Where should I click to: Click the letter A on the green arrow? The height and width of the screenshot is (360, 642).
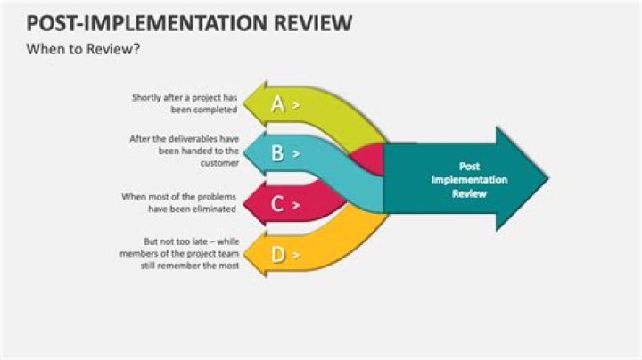tap(277, 104)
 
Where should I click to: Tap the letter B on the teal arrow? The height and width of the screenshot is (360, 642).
tap(277, 153)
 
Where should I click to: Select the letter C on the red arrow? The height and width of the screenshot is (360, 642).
tap(277, 204)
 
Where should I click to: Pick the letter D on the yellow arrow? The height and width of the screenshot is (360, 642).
tap(277, 255)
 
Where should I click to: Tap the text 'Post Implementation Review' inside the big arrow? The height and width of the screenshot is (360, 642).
tap(469, 179)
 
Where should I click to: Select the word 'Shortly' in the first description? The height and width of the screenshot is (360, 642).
tap(146, 97)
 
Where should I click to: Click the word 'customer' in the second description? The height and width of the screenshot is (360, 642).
tap(218, 164)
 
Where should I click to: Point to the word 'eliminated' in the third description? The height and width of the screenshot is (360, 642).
tap(215, 209)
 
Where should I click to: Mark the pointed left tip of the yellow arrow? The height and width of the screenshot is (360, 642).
tap(243, 255)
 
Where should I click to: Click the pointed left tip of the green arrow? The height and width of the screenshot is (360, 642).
tap(243, 103)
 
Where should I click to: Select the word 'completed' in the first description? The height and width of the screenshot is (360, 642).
tap(218, 110)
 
